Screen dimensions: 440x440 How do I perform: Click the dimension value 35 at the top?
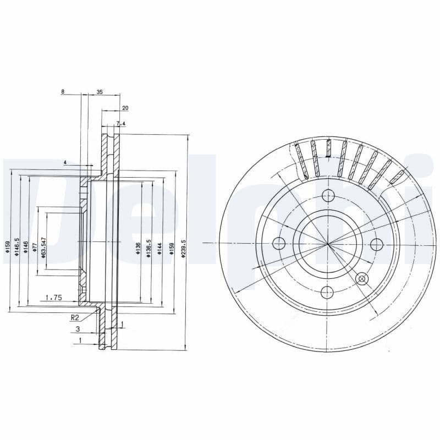point(100,92)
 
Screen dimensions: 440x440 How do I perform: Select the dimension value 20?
point(125,108)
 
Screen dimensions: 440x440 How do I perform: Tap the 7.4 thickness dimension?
point(121,124)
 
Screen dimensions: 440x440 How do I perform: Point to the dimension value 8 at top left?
point(63,92)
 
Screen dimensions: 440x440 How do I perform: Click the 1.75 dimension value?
point(53,298)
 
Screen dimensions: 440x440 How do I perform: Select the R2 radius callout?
point(75,317)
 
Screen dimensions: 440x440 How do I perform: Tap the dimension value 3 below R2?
point(78,328)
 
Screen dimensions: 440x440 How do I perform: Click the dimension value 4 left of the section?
point(65,163)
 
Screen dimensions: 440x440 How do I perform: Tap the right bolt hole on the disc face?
point(377,244)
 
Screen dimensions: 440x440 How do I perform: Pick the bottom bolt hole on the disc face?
point(328,292)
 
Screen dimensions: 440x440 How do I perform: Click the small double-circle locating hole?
point(362,279)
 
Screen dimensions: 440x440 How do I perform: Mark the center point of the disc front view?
point(328,243)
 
